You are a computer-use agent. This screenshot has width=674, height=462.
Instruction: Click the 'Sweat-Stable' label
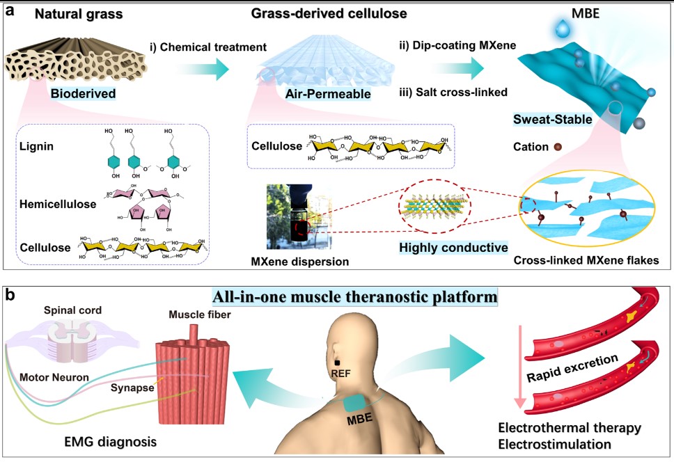click(554, 120)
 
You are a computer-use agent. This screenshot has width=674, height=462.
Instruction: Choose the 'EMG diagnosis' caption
click(107, 442)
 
